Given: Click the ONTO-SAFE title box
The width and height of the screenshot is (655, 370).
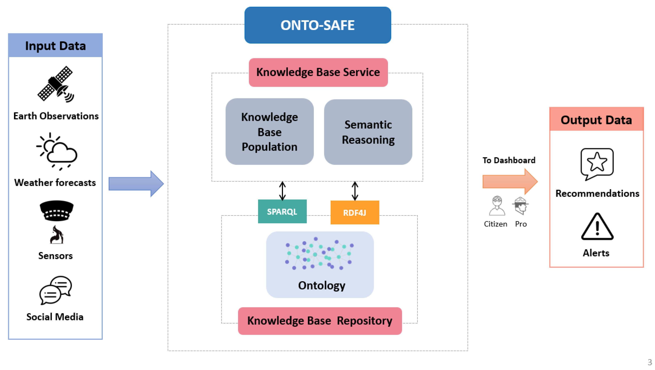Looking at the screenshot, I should point(318,25).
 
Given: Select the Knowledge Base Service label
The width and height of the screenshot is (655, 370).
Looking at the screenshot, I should point(318,72).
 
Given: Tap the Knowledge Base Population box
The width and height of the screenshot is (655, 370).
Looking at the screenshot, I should point(269,132).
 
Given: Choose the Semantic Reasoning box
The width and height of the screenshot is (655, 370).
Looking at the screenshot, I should point(368,132).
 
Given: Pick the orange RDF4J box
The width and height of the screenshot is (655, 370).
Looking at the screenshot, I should point(355,212).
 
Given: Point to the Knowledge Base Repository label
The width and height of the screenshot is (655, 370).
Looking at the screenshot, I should point(320,321).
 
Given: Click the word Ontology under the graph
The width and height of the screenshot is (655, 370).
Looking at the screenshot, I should point(321,285).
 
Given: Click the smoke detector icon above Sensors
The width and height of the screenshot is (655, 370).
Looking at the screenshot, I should point(56,211).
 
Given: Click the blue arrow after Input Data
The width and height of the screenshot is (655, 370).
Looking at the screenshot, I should point(136,184).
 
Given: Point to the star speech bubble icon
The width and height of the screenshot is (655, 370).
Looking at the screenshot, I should point(597,164).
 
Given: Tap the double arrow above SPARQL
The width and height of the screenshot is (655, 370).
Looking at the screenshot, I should point(282,191).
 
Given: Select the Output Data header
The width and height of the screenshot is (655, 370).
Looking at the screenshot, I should point(596,120).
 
